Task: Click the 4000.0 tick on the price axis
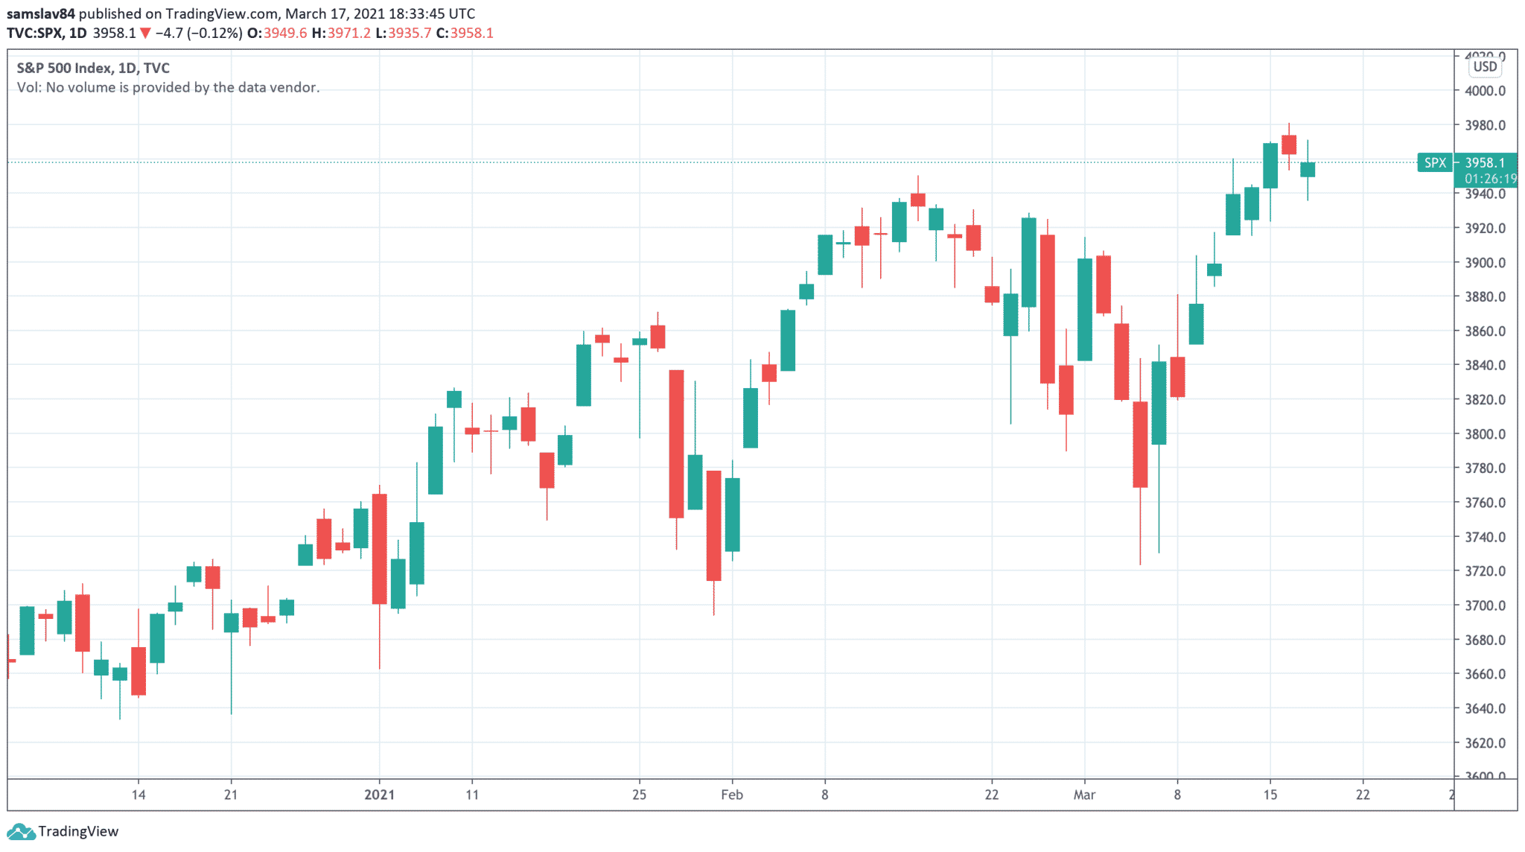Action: [x=1485, y=91]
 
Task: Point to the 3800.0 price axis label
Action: [x=1485, y=433]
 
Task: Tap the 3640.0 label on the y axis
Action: [x=1485, y=708]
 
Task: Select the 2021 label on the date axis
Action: [x=379, y=795]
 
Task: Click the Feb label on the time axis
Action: [x=732, y=795]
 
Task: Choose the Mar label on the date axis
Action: [x=1084, y=795]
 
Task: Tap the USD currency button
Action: [x=1485, y=67]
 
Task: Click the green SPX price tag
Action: [x=1435, y=162]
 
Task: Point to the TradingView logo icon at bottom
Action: [x=20, y=831]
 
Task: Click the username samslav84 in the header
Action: [x=41, y=13]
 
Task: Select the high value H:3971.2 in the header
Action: [x=341, y=33]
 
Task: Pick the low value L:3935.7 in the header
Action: [x=403, y=33]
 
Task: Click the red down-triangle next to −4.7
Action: [x=145, y=33]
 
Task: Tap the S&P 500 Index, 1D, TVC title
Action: [x=93, y=68]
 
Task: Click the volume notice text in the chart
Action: [x=168, y=87]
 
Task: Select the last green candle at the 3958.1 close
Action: [x=1308, y=170]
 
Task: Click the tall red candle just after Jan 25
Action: [x=676, y=443]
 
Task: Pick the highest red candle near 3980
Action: [x=1289, y=144]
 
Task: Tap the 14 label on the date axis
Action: [x=139, y=795]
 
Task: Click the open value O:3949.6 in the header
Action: [x=277, y=33]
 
